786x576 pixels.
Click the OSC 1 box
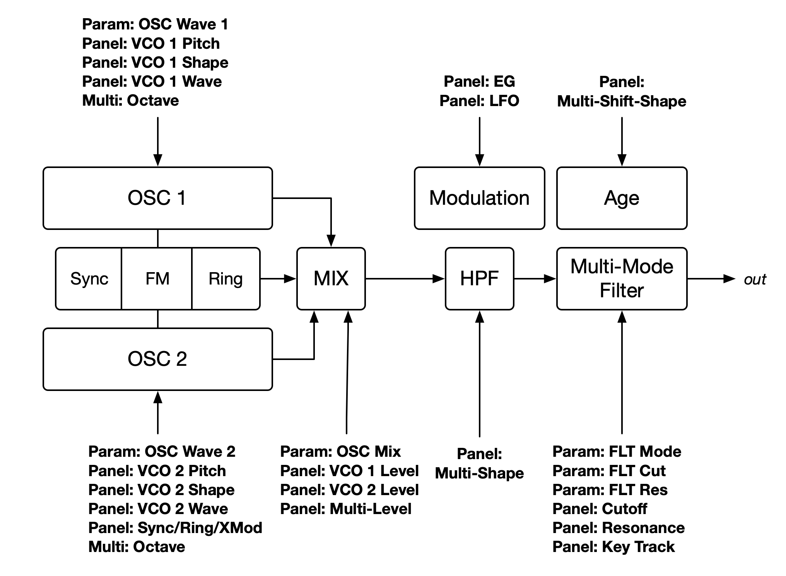pos(157,198)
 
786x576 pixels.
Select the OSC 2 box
pos(157,359)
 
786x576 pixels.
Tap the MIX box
pos(331,278)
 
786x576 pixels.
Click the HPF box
pos(479,278)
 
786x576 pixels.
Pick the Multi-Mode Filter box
pos(622,278)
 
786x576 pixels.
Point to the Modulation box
pos(479,198)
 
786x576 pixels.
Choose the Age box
pos(622,198)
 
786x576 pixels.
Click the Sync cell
pos(89,279)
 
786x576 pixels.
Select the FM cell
pos(157,279)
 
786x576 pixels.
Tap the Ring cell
pos(226,279)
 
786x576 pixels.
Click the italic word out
pos(755,279)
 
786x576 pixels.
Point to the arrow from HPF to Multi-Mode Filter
pos(535,278)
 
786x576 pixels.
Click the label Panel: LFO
pos(479,101)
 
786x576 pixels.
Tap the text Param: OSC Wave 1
pos(155,24)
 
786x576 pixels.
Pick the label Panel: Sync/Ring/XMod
pos(175,528)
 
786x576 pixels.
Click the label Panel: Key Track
pos(613,547)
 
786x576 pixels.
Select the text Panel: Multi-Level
pos(345,509)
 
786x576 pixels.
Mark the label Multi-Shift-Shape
pos(622,101)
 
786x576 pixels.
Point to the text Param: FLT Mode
pos(617,451)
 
